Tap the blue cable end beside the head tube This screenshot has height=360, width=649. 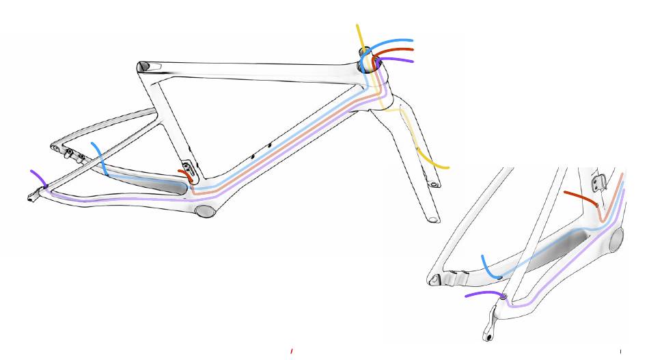point(403,41)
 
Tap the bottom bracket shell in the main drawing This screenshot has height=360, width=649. point(205,210)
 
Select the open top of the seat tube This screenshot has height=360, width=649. point(143,66)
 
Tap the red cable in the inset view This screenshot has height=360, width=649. point(577,196)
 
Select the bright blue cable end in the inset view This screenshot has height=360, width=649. point(484,263)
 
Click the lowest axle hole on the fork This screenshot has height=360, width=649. point(432,219)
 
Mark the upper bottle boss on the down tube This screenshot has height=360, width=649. point(269,145)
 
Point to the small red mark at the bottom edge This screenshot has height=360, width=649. point(292,351)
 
